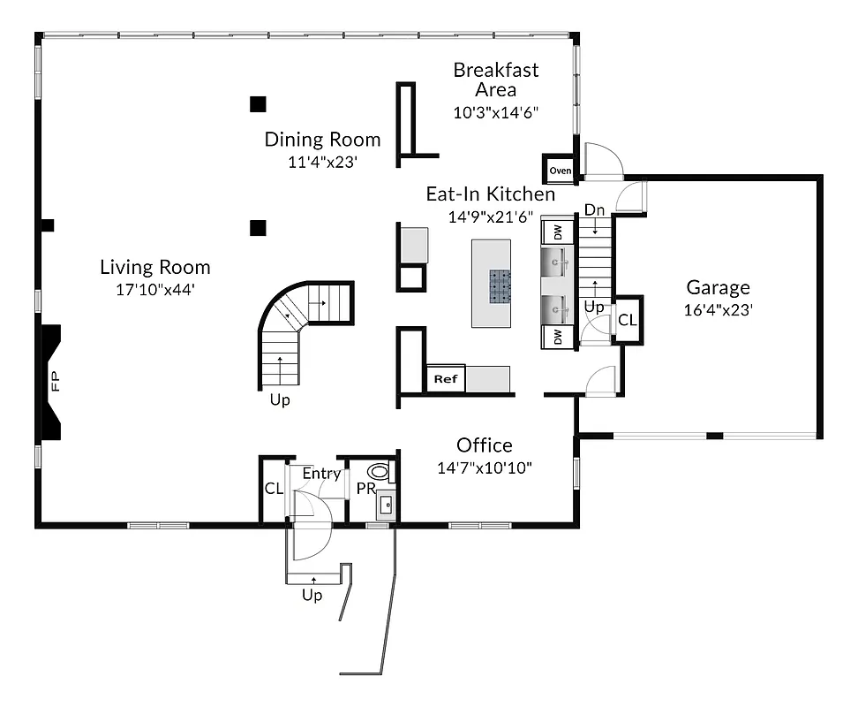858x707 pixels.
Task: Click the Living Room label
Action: click(x=155, y=267)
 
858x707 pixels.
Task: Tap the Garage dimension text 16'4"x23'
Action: click(x=719, y=310)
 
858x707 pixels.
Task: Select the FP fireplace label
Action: click(x=56, y=382)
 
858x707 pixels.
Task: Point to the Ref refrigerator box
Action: click(x=445, y=379)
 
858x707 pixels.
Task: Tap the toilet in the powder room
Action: click(x=380, y=471)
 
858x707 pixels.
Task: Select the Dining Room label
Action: click(x=323, y=140)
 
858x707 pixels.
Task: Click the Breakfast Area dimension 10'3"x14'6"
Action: click(x=495, y=112)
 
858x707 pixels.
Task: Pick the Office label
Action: click(x=484, y=445)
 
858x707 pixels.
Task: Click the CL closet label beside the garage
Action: click(x=627, y=320)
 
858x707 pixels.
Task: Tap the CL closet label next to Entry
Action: click(x=274, y=489)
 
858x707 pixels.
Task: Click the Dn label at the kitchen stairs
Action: click(x=594, y=210)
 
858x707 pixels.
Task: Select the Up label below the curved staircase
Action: click(x=280, y=399)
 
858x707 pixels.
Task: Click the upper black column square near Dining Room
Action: click(x=258, y=104)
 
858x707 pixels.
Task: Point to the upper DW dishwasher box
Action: click(x=558, y=232)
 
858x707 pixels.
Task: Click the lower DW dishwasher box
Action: click(x=558, y=336)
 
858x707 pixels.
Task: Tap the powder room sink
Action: click(x=386, y=506)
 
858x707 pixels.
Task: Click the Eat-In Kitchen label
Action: click(x=491, y=194)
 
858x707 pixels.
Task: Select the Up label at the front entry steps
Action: click(x=312, y=595)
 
